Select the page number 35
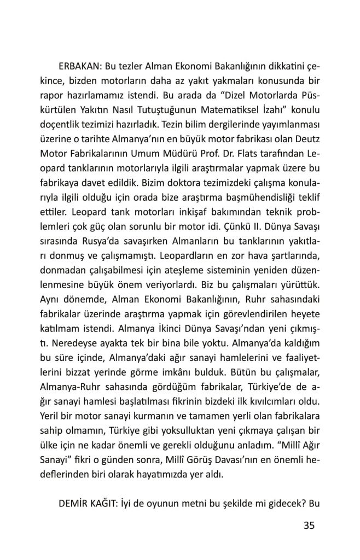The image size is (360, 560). (309, 526)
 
